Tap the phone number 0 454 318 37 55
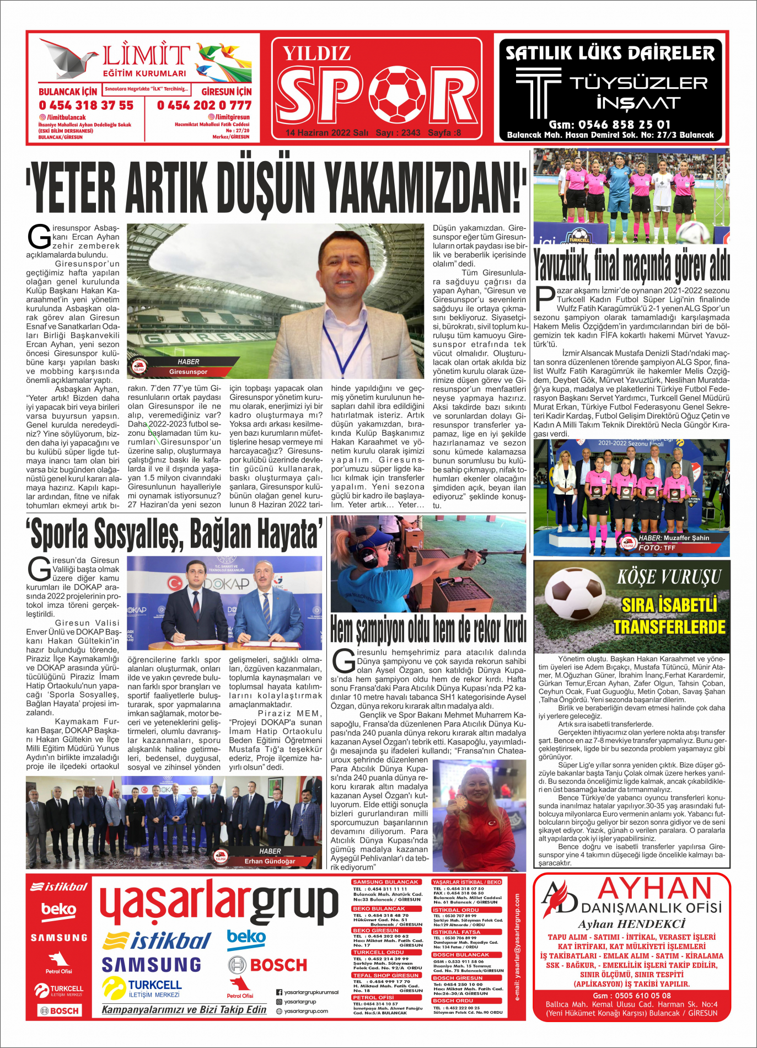pos(86,105)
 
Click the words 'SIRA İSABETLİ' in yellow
pos(669,605)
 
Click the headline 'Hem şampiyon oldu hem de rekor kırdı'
pos(428,630)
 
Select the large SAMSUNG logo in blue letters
pos(152,964)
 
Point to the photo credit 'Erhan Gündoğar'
pos(270,861)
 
